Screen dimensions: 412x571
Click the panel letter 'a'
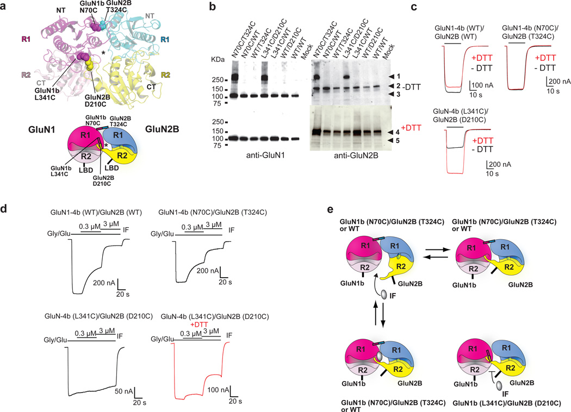[5, 7]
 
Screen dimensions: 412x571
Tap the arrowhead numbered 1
[393, 76]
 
